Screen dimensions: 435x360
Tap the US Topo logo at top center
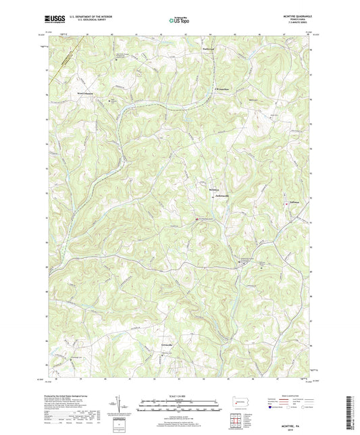[179, 22]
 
